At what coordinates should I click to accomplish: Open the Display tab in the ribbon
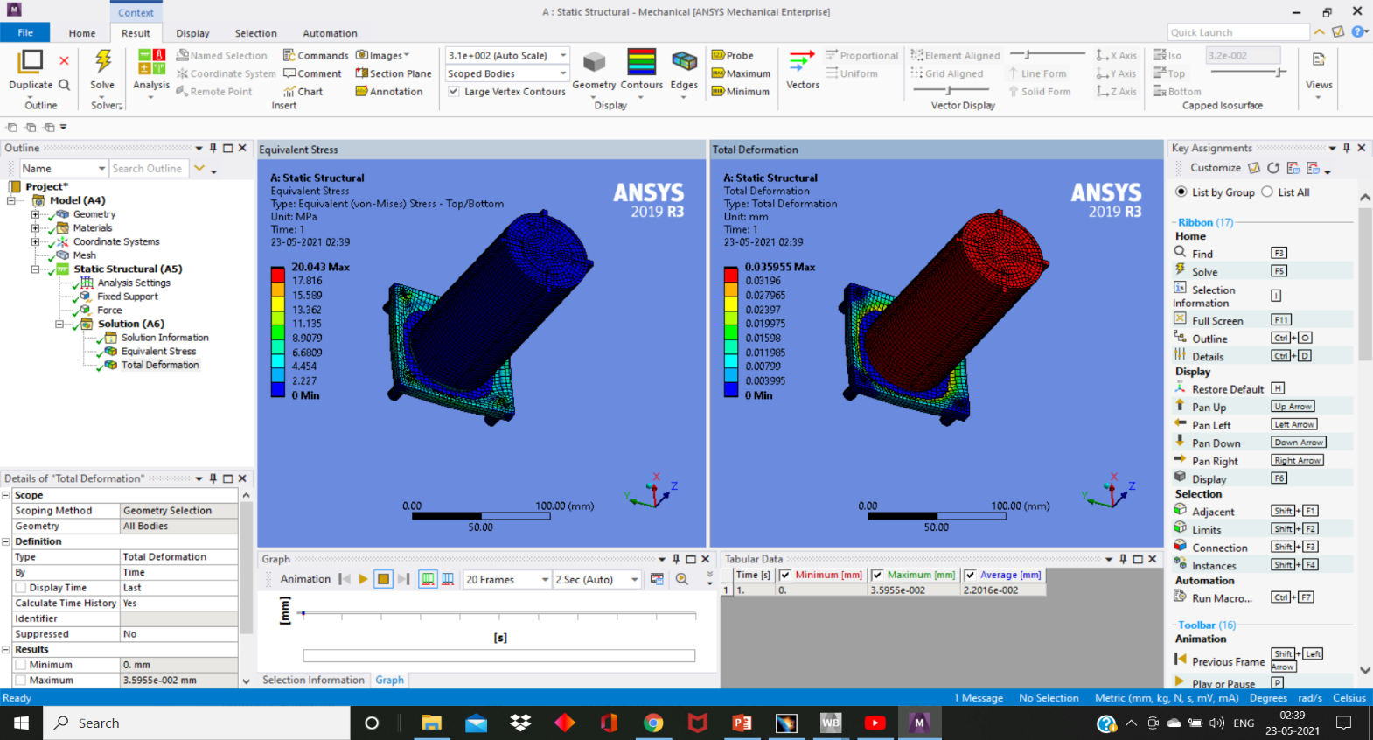point(192,33)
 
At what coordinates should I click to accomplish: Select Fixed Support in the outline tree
point(127,297)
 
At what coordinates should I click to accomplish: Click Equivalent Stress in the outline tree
point(158,352)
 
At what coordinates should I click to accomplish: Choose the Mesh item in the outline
point(84,255)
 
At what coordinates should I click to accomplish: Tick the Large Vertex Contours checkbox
point(454,91)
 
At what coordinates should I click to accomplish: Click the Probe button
point(733,55)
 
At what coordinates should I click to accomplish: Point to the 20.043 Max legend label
point(320,267)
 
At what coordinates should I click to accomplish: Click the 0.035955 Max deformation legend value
point(780,267)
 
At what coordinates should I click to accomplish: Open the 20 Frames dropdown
point(506,579)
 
